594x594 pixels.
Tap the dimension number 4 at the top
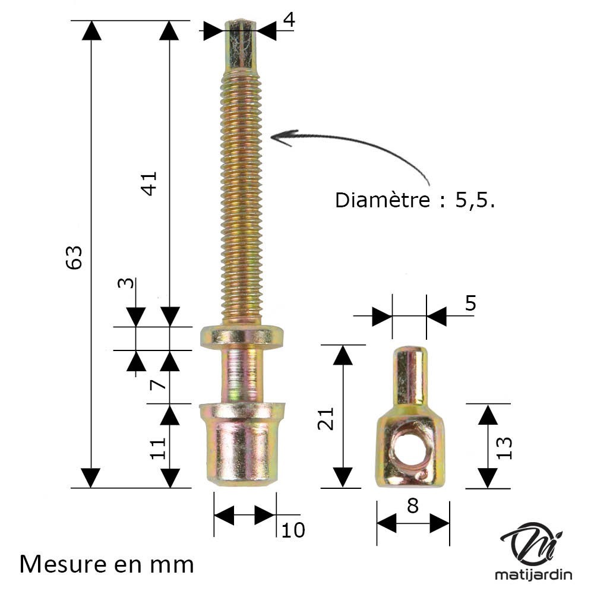289,20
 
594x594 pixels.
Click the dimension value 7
157,384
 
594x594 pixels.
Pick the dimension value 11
157,448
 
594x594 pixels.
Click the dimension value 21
326,418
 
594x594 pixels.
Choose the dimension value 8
413,505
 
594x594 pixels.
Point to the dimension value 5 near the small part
470,303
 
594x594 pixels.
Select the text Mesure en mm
106,564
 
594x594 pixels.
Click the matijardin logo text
533,574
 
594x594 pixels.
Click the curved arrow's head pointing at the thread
278,137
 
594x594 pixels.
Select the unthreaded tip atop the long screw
241,45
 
